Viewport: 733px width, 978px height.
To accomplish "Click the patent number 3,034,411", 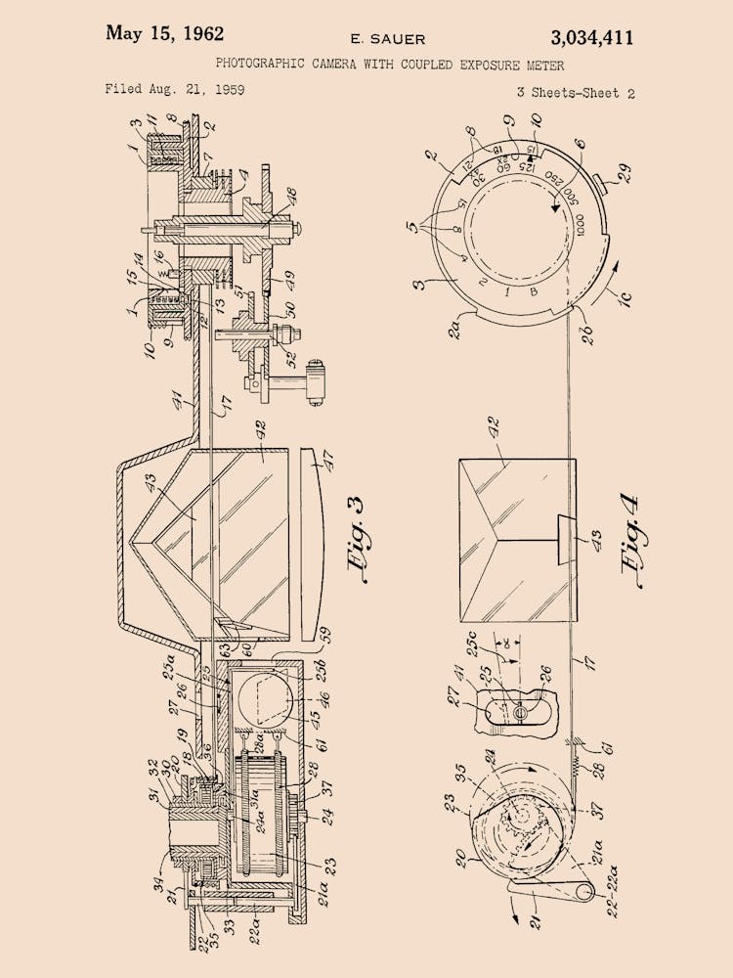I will (591, 38).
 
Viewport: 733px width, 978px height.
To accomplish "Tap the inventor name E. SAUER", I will (388, 39).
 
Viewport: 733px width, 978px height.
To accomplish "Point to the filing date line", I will (175, 90).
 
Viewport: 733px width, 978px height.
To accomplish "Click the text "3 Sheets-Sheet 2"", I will (576, 94).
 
